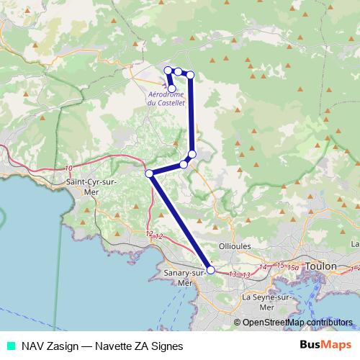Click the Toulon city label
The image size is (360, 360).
(x=321, y=266)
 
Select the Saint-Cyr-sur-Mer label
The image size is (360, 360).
(x=91, y=187)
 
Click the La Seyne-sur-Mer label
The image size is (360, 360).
(x=267, y=302)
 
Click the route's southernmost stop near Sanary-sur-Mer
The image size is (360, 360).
(x=211, y=270)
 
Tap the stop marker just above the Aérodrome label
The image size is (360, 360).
(x=171, y=88)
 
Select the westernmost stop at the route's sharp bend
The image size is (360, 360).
(x=149, y=174)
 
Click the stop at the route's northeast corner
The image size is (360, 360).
(x=190, y=74)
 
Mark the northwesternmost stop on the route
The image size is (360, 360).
(x=168, y=70)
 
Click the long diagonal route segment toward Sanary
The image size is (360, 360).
(x=180, y=222)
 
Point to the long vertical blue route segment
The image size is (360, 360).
(x=192, y=115)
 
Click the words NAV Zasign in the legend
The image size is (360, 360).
(x=47, y=346)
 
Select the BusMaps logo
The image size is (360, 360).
(x=325, y=346)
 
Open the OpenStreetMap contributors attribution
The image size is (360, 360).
(x=296, y=323)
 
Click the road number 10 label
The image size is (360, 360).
(x=68, y=168)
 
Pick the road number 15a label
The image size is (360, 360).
(x=293, y=268)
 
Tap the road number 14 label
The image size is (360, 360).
(x=264, y=267)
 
